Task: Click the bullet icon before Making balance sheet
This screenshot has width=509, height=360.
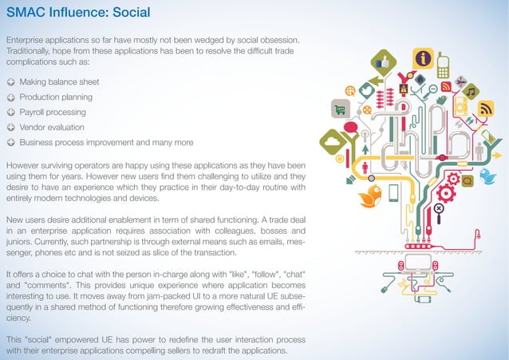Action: coord(10,82)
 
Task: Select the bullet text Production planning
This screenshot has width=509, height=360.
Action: coord(56,97)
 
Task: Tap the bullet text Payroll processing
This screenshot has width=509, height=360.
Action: coord(53,112)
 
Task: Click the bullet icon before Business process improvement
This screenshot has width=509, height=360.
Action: coord(10,142)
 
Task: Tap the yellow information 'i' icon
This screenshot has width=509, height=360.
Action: coord(421,58)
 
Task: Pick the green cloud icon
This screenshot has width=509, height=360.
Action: coord(333,142)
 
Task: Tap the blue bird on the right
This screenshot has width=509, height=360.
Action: coord(487,176)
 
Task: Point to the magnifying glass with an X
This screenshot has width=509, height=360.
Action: coord(438,211)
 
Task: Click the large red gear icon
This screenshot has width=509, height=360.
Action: coord(448,192)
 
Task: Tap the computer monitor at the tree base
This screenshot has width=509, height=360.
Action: coord(416,261)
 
